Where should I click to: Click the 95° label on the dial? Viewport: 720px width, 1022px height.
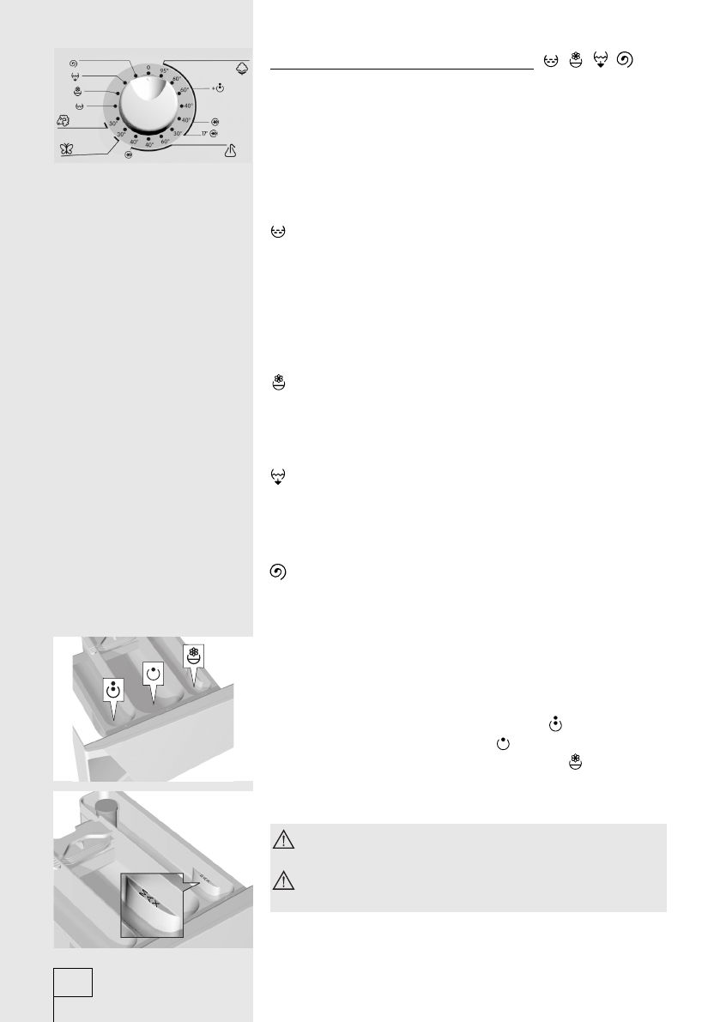coord(164,71)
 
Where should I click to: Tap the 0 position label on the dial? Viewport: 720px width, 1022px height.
coord(148,66)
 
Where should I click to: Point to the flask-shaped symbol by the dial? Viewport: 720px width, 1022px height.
coord(229,152)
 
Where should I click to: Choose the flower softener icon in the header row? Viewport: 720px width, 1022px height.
coord(575,60)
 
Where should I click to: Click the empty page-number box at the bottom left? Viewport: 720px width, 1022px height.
coord(73,983)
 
